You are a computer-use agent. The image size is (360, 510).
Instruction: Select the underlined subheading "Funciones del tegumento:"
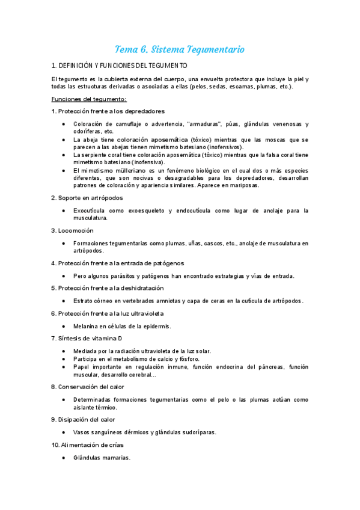tap(89, 99)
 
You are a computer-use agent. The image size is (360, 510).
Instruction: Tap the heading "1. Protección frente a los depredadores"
tap(108, 111)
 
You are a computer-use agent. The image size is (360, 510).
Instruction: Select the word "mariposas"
tap(243, 185)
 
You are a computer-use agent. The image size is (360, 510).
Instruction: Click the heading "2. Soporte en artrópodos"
tap(87, 198)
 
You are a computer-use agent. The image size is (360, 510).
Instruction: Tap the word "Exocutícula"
tap(94, 210)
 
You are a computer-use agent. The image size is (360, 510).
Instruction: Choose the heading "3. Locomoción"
tap(72, 230)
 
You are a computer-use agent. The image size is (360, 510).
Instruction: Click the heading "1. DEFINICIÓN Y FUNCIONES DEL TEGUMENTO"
tap(120, 65)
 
